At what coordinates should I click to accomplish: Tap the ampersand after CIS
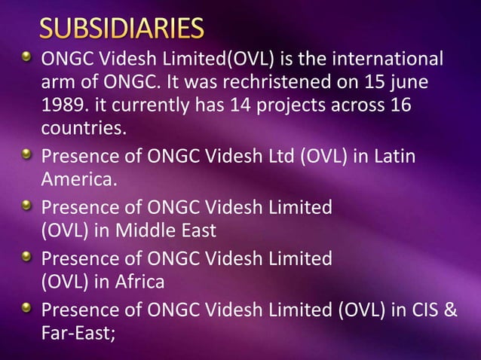(x=451, y=310)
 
